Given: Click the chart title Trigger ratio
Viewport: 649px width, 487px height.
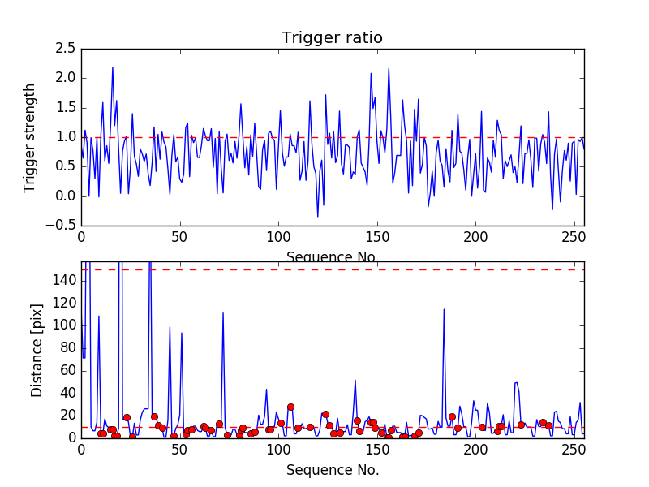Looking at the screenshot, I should tap(332, 38).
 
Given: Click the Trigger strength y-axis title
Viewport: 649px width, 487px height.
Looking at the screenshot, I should tap(30, 137).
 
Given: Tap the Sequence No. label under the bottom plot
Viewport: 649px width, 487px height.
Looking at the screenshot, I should tap(333, 470).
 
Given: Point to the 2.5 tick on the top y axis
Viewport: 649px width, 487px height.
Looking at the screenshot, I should tap(65, 49).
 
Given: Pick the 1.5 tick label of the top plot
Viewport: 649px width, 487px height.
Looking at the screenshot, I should tap(65, 108).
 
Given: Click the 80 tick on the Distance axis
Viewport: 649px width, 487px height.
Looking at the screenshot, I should tap(66, 347).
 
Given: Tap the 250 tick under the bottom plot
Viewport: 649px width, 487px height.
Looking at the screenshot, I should tap(574, 450).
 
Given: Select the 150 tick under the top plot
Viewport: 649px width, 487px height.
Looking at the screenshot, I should tap(377, 239).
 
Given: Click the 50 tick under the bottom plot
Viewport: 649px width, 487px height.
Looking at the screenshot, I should tap(180, 450).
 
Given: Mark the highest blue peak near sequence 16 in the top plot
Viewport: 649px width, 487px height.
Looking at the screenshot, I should tap(113, 67).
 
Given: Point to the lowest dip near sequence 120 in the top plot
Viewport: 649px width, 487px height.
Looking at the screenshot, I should tap(318, 216).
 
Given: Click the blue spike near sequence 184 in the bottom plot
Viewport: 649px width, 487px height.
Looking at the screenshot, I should tap(444, 309).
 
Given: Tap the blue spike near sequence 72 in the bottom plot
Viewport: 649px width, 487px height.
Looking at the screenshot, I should tap(223, 313).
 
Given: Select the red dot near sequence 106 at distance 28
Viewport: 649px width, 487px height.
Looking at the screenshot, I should tap(290, 407).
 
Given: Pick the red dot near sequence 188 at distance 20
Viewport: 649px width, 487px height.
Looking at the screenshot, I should tap(452, 416).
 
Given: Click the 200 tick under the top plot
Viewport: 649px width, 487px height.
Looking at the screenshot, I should tap(475, 239).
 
